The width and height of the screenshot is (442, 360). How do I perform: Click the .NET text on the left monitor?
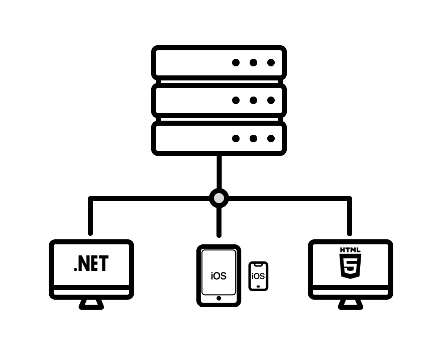tap(91, 264)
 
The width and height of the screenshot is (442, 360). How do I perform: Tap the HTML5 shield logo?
tap(350, 266)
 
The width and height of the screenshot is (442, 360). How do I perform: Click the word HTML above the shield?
tap(350, 250)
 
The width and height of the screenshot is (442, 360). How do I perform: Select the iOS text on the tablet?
tap(219, 276)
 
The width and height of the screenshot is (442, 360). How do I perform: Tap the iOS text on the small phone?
tap(258, 276)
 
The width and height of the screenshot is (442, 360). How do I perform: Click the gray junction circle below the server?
tap(219, 198)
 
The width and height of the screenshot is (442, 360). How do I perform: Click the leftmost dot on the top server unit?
tap(236, 62)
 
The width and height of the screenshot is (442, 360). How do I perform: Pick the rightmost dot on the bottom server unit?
tap(271, 138)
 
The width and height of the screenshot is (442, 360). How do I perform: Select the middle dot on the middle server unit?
tap(253, 100)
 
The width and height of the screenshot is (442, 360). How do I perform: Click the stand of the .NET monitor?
tap(91, 304)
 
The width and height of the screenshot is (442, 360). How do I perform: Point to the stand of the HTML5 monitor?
tap(351, 304)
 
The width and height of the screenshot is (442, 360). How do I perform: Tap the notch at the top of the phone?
tap(258, 265)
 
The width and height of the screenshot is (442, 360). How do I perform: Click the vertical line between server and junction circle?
tap(219, 172)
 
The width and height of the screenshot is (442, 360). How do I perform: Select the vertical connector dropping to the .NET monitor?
tap(90, 216)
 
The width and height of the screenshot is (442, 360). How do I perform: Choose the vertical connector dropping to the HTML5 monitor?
tap(350, 216)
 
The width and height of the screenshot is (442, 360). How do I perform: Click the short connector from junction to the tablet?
tap(219, 222)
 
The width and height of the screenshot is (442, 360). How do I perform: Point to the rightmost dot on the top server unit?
tap(271, 62)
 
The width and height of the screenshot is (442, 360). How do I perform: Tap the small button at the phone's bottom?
tap(258, 287)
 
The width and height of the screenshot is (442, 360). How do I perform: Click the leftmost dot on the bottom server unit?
tap(236, 138)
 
